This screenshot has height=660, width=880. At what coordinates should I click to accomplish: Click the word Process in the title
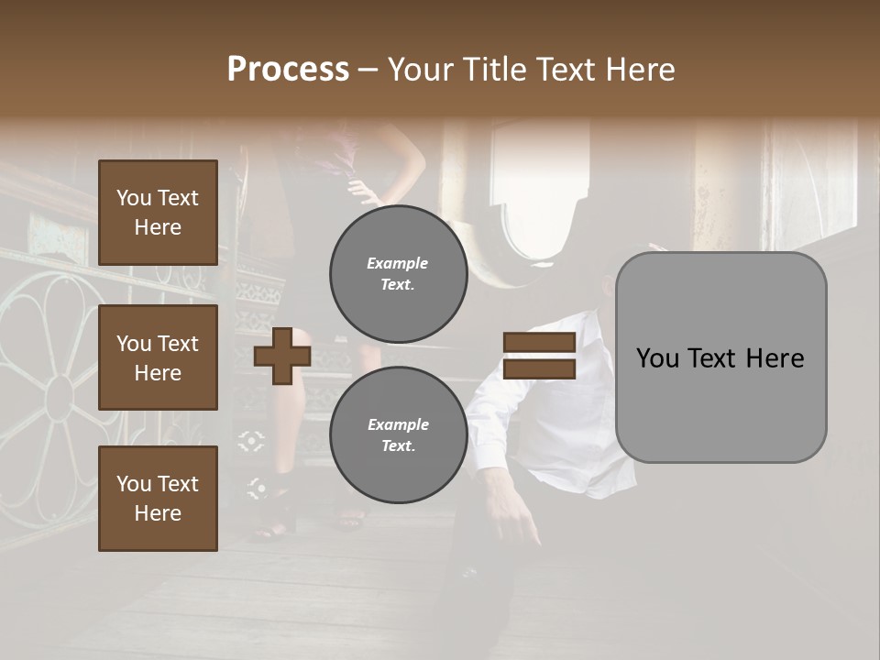click(x=288, y=70)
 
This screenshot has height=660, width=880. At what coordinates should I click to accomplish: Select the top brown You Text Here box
click(x=158, y=213)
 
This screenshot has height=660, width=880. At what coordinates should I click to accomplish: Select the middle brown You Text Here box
click(x=158, y=357)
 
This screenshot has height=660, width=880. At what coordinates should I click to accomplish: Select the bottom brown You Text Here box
click(x=158, y=499)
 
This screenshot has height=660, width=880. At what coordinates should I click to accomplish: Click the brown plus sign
click(x=282, y=356)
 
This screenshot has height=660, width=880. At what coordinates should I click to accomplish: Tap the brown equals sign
click(x=539, y=356)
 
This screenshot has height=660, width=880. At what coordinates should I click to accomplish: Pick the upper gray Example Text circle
click(x=398, y=273)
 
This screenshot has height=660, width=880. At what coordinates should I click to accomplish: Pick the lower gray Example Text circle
click(x=398, y=434)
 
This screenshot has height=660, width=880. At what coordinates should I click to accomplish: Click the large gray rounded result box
click(x=720, y=357)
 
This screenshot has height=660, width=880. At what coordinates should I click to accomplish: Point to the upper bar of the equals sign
click(x=539, y=343)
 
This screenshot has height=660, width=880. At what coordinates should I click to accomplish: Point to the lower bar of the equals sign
click(x=539, y=369)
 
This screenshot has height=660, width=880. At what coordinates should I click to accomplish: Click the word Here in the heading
click(x=641, y=70)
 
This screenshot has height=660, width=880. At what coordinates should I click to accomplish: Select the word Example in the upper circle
click(x=398, y=263)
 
